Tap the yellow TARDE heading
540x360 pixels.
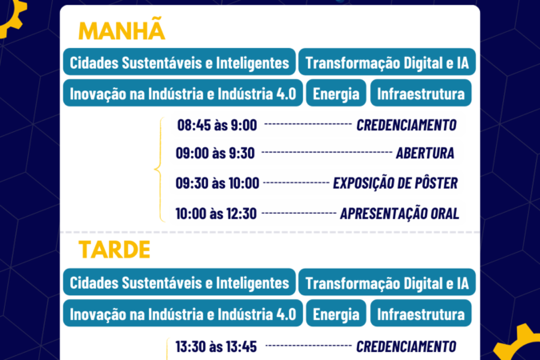point(114,250)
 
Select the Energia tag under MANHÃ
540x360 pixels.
point(336,93)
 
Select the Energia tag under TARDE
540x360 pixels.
point(336,314)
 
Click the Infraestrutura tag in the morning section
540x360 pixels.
point(421,93)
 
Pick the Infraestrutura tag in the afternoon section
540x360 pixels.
point(421,314)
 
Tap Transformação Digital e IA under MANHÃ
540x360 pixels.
point(387,62)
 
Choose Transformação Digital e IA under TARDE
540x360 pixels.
point(387,282)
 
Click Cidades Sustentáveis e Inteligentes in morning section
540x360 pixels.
point(179,62)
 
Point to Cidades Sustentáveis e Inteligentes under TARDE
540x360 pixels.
point(179,282)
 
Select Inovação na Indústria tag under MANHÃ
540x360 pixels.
point(183,93)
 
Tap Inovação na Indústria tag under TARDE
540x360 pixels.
point(183,314)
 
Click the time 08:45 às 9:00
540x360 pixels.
point(217,125)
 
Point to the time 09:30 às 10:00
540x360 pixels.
point(218,183)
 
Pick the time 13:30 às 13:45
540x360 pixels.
point(216,346)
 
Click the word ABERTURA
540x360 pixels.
point(425,154)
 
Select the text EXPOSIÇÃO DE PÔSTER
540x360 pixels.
point(395,182)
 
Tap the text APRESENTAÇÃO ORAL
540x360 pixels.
point(400,214)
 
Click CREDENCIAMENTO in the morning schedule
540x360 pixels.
point(406,125)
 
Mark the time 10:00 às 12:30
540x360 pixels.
point(216,214)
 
